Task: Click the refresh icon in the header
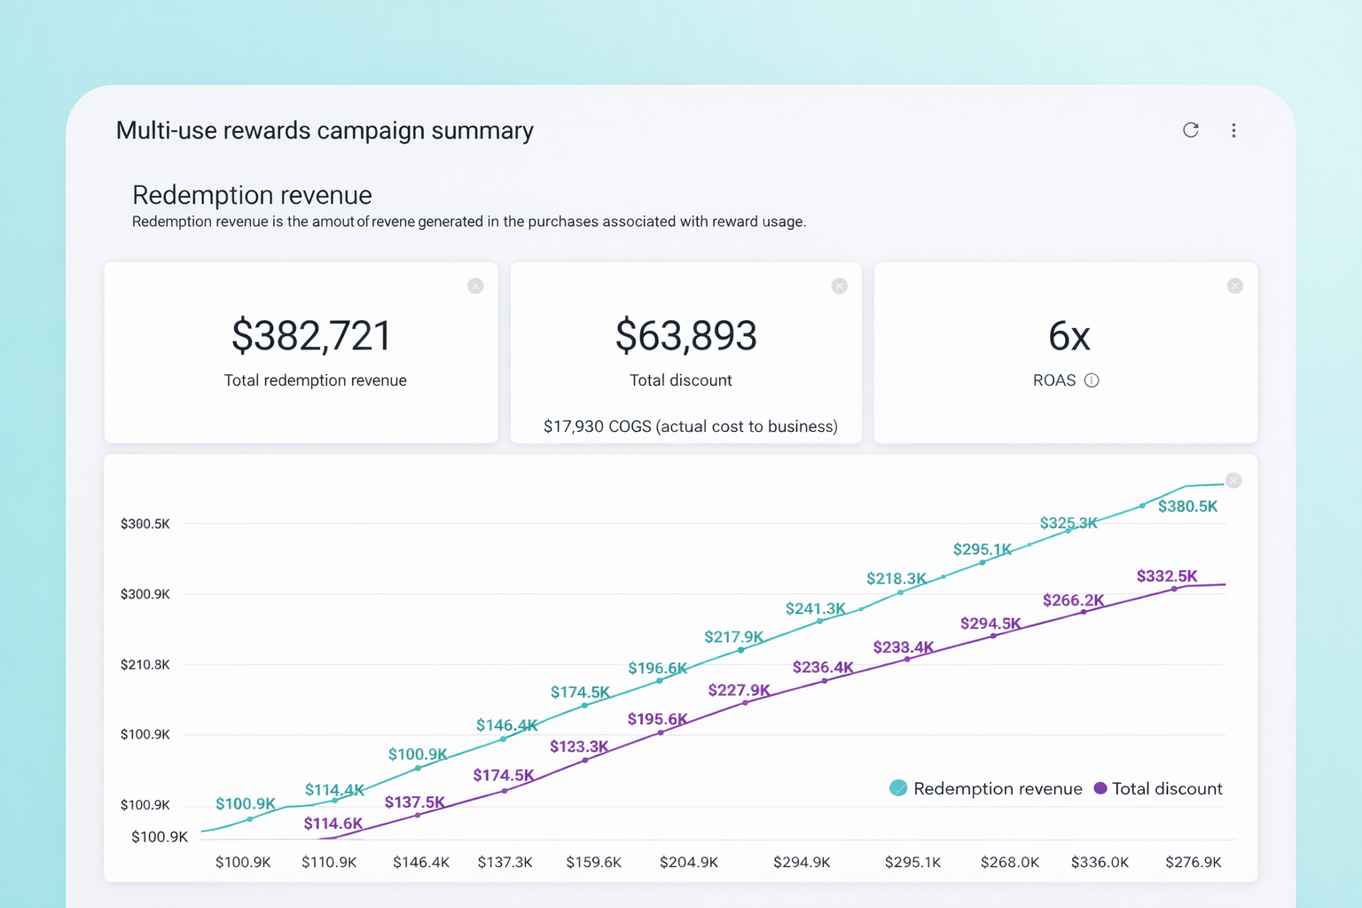tap(1191, 130)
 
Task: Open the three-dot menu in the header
tap(1233, 130)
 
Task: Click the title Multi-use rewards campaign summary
tap(325, 130)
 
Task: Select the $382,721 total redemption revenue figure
tap(311, 336)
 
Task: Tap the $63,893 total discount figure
tap(685, 336)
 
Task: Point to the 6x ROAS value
tap(1068, 337)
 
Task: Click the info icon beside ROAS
tap(1092, 380)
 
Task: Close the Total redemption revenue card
tap(475, 286)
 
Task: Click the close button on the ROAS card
tap(1234, 286)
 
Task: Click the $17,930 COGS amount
tap(574, 427)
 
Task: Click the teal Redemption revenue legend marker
tap(898, 788)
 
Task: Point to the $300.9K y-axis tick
tap(145, 594)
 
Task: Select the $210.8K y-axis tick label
tap(145, 664)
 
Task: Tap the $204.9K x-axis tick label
tap(689, 862)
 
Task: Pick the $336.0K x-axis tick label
tap(1100, 862)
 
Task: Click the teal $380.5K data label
tap(1187, 506)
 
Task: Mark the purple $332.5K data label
tap(1167, 576)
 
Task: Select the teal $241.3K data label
tap(815, 608)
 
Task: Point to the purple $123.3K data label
tap(579, 747)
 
